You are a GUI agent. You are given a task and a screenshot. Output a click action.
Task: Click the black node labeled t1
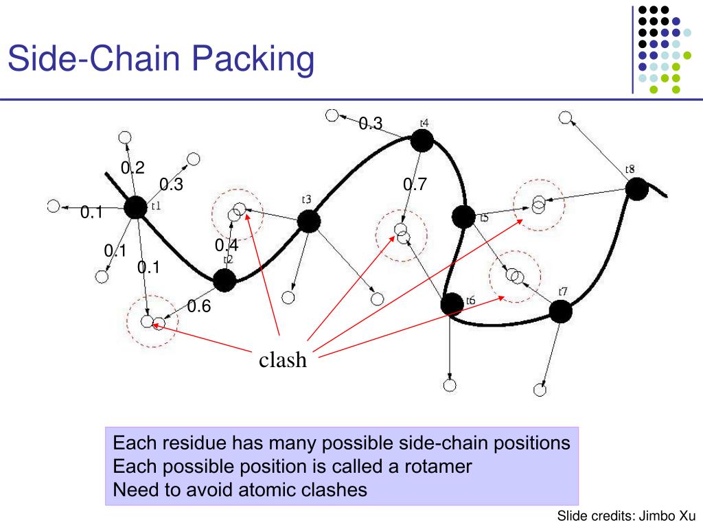[136, 207]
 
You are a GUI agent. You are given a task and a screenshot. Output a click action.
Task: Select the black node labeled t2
[224, 280]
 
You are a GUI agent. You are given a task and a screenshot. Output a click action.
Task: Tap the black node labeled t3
[308, 221]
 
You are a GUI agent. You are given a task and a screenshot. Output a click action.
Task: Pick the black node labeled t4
[422, 141]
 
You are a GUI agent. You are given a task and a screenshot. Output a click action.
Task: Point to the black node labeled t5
[463, 217]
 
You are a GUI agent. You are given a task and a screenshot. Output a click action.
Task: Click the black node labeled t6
[452, 303]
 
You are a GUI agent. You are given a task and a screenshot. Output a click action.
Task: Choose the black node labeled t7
[560, 312]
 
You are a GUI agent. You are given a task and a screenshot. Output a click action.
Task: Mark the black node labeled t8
[637, 189]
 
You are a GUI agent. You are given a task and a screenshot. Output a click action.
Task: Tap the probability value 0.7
[415, 184]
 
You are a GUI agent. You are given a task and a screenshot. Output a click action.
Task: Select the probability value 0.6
[198, 306]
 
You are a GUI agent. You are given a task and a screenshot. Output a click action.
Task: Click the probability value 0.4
[226, 245]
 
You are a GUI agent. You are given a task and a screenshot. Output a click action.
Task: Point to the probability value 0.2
[132, 168]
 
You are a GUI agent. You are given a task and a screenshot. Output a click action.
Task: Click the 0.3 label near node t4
[370, 123]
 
